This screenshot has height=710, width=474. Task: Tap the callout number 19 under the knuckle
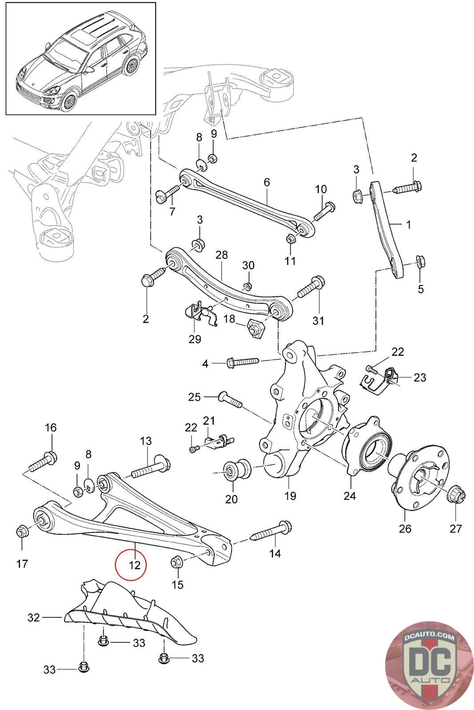coord(290,495)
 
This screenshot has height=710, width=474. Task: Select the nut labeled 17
coord(22,531)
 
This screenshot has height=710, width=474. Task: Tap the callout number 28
coord(221,255)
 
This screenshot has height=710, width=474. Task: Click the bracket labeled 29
coord(199,313)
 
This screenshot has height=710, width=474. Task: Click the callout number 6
coord(267,182)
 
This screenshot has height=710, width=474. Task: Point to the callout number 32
coord(34,617)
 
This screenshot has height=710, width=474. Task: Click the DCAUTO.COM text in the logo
coord(429,638)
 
